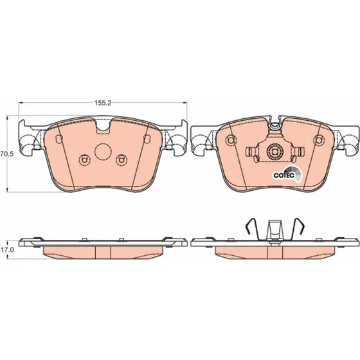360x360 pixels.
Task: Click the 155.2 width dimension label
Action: point(103,103)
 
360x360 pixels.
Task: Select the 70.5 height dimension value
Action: point(6,154)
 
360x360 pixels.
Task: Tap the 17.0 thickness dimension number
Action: point(7,249)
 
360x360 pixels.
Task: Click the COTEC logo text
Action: point(283,175)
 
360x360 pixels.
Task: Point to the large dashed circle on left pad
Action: point(103,152)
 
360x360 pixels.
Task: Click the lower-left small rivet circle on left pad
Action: point(84,159)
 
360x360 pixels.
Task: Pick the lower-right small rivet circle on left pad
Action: point(122,160)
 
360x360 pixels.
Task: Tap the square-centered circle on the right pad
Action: point(274,152)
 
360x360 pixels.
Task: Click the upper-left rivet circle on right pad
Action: point(231,140)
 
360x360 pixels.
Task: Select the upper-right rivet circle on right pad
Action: point(319,140)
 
